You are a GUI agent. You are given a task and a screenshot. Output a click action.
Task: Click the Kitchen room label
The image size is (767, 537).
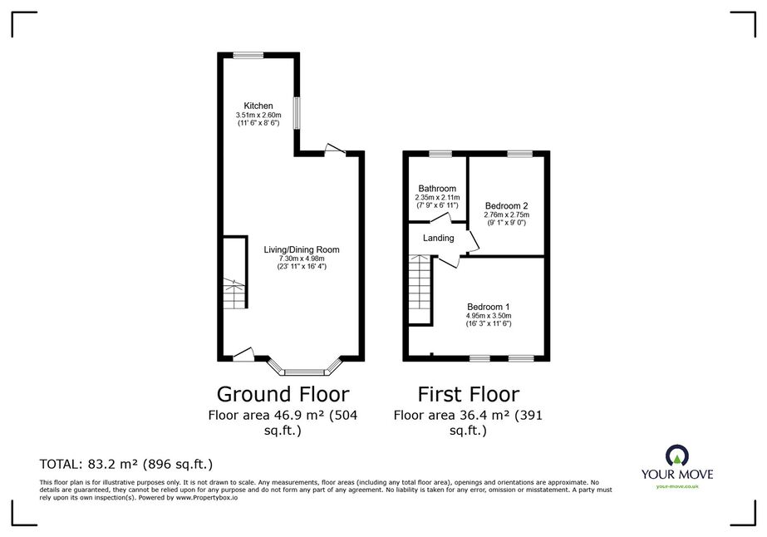pyautogui.click(x=258, y=106)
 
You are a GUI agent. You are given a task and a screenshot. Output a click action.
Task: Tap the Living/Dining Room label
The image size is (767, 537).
pyautogui.click(x=302, y=249)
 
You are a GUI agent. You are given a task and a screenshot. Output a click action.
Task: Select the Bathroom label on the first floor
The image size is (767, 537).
pyautogui.click(x=437, y=189)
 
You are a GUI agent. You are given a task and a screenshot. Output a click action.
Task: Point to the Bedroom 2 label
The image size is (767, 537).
pyautogui.click(x=506, y=206)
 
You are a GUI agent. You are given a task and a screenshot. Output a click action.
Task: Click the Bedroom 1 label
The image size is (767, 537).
pyautogui.click(x=488, y=307)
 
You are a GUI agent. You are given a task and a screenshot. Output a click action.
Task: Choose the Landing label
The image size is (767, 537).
pyautogui.click(x=438, y=238)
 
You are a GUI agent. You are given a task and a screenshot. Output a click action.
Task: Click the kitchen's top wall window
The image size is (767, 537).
pyautogui.click(x=248, y=56)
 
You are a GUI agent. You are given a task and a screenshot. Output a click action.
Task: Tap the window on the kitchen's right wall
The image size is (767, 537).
pyautogui.click(x=296, y=113)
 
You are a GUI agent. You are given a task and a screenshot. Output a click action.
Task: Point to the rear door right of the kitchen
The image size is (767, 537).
pyautogui.click(x=335, y=150)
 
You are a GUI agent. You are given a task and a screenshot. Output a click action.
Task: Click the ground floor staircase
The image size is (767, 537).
pyautogui.click(x=234, y=293)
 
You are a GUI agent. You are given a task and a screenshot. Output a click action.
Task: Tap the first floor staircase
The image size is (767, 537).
pyautogui.click(x=419, y=282)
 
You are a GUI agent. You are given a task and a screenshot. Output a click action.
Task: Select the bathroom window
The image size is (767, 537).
pyautogui.click(x=440, y=154)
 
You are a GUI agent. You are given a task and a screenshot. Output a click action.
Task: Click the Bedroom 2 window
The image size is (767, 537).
pyautogui.click(x=519, y=154)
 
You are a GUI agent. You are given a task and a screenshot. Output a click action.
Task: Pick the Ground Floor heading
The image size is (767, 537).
pyautogui.click(x=283, y=394)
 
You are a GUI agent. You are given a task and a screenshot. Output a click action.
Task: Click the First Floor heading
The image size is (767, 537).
pyautogui.click(x=468, y=394)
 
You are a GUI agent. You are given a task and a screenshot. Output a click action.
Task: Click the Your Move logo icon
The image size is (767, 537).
pyautogui.click(x=677, y=456)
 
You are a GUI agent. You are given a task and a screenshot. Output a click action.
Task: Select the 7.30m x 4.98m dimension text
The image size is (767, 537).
pyautogui.click(x=302, y=259)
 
